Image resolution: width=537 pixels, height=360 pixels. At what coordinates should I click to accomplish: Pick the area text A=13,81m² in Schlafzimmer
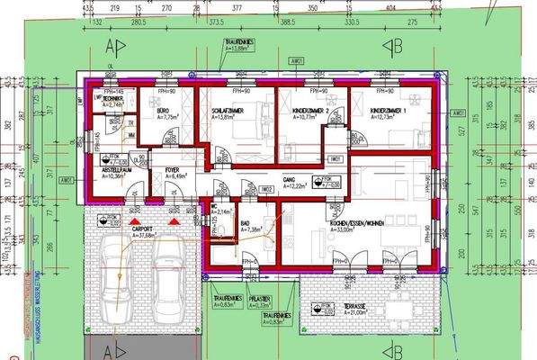tap(228, 117)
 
